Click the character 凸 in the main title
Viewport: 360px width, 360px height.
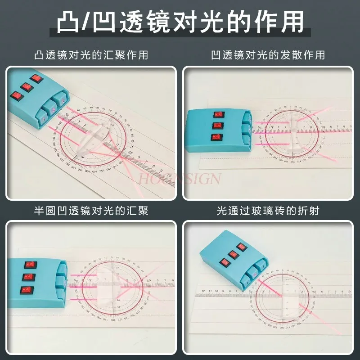point(69,22)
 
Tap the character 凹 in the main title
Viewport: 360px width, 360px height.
point(107,22)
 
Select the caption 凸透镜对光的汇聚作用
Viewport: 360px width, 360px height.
point(91,55)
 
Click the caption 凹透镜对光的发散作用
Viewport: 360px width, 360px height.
point(268,55)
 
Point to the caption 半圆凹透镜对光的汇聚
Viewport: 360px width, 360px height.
point(91,211)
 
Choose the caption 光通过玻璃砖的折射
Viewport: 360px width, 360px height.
point(268,211)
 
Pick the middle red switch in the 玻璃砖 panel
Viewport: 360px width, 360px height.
point(233,254)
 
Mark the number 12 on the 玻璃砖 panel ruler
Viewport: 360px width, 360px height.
point(204,291)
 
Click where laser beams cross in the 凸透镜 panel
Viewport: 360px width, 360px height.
point(122,153)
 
